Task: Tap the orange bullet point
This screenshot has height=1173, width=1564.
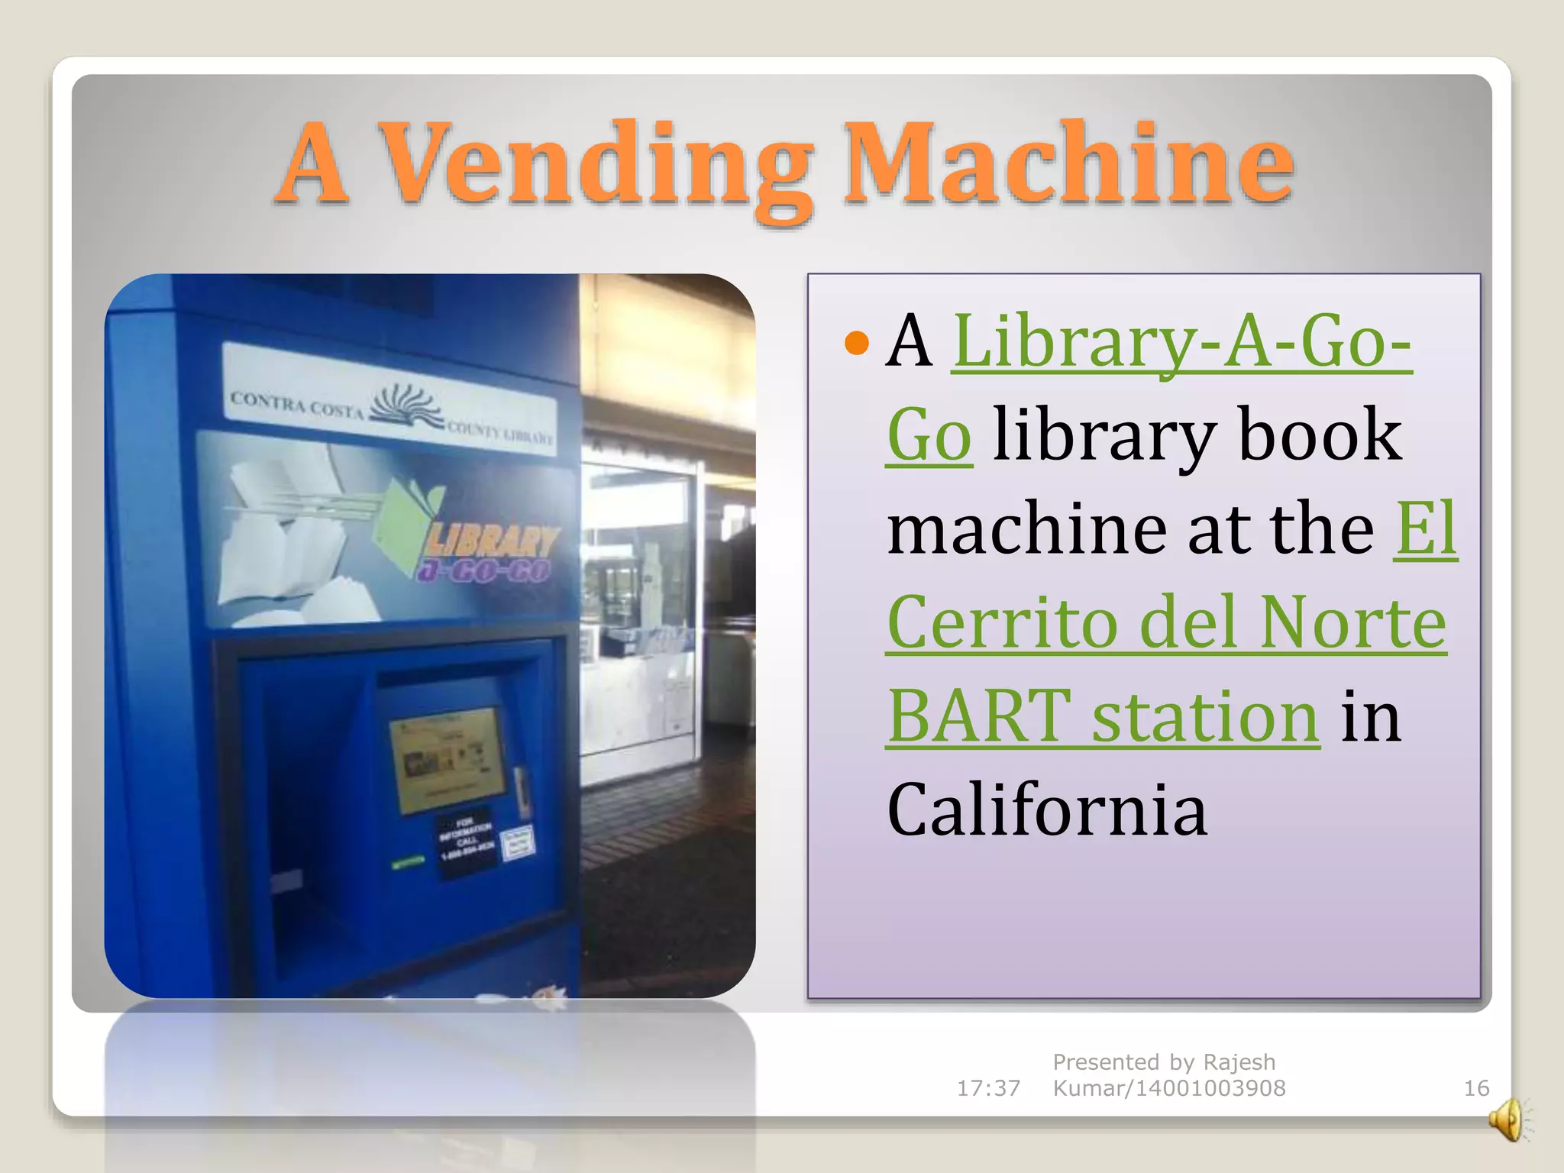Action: (857, 343)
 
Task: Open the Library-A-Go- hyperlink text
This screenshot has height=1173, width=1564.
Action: (1181, 341)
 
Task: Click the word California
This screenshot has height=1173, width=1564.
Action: (1047, 810)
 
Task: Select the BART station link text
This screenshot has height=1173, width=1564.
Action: (1103, 717)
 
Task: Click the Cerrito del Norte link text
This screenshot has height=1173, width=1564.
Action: (1166, 623)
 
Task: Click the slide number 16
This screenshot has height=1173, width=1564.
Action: (1475, 1088)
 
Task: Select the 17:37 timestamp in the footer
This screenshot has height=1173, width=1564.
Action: (988, 1088)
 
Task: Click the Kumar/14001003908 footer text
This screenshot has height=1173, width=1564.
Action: (1168, 1088)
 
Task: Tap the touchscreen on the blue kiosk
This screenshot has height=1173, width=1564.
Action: (447, 760)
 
